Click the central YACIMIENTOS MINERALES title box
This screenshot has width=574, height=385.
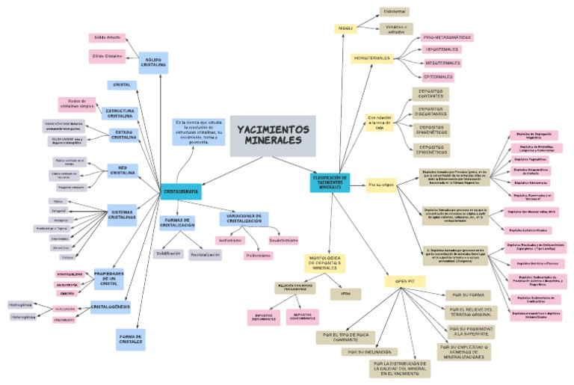(x=273, y=135)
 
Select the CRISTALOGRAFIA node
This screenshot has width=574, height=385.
(x=181, y=192)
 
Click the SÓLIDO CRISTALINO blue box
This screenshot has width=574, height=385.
(x=153, y=62)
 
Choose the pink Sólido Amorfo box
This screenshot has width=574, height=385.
(x=107, y=37)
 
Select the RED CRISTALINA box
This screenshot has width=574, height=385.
(x=122, y=170)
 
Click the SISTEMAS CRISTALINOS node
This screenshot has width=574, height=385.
(x=122, y=215)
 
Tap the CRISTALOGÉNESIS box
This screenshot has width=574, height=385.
(x=111, y=307)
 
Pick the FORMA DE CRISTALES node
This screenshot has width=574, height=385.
(x=130, y=339)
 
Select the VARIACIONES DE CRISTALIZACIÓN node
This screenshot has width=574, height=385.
(x=244, y=218)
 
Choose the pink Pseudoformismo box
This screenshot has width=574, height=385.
(x=283, y=241)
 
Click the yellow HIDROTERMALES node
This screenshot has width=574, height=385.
(x=372, y=58)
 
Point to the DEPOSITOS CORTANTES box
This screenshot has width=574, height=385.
(x=430, y=93)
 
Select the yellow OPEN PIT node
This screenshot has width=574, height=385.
(x=395, y=281)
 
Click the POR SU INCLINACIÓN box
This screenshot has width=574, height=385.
(x=368, y=351)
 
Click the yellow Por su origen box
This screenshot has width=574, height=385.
(x=380, y=183)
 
